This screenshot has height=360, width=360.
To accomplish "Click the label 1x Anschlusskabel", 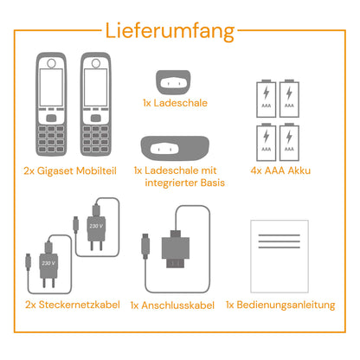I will tap(173, 305).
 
